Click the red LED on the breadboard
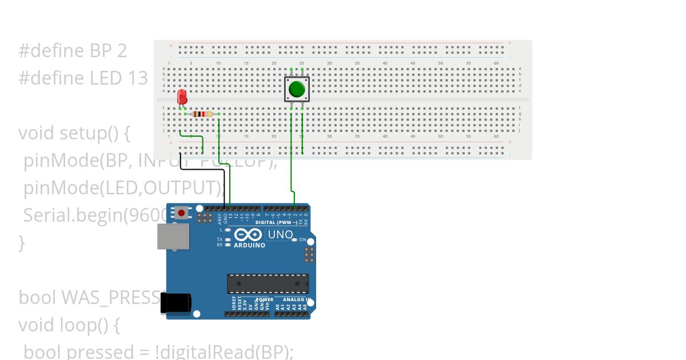coord(182,97)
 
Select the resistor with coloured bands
coord(202,114)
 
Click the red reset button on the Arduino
coord(182,213)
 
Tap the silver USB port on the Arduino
coord(173,236)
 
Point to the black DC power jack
coord(175,303)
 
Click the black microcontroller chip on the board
coord(268,283)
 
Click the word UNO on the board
coord(280,234)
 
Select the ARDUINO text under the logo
coord(250,245)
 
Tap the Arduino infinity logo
coord(248,234)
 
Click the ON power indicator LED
coord(294,239)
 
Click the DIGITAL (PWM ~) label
coord(276,222)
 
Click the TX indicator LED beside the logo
coord(228,239)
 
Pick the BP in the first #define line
coord(101,51)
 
